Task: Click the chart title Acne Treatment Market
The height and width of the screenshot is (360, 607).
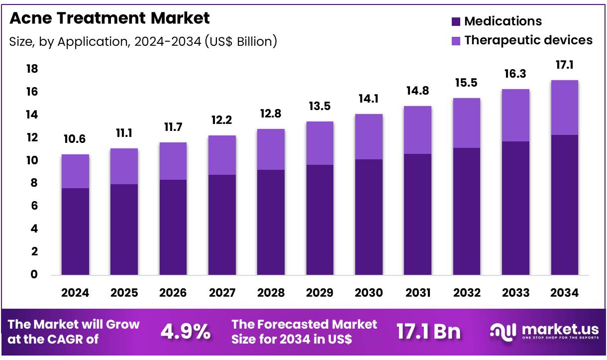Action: (109, 18)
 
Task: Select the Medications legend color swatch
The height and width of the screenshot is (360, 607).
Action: (456, 21)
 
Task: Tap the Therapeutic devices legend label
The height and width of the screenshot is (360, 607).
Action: (528, 40)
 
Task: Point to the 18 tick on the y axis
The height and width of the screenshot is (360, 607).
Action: (32, 69)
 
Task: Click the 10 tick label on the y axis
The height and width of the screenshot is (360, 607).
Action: (32, 160)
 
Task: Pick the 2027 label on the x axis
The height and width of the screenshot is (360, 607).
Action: (222, 293)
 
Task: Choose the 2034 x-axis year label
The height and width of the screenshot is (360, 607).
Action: (565, 293)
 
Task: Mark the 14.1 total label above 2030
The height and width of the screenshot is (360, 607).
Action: (369, 99)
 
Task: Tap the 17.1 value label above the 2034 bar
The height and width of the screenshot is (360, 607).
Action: (565, 65)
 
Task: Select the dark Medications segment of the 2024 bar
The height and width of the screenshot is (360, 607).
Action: (75, 232)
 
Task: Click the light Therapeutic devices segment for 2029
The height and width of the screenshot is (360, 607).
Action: (320, 143)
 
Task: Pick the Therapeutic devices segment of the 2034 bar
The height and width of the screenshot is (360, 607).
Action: (565, 108)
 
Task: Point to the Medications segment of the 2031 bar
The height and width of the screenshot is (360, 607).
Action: (418, 214)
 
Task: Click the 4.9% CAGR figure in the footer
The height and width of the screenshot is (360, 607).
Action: (185, 332)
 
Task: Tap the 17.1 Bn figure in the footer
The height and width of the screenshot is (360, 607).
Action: (428, 332)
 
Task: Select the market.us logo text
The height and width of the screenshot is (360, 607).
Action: (560, 330)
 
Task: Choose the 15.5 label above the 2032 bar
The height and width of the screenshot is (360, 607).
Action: (467, 83)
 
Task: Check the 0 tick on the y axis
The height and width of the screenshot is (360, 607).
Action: (34, 275)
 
